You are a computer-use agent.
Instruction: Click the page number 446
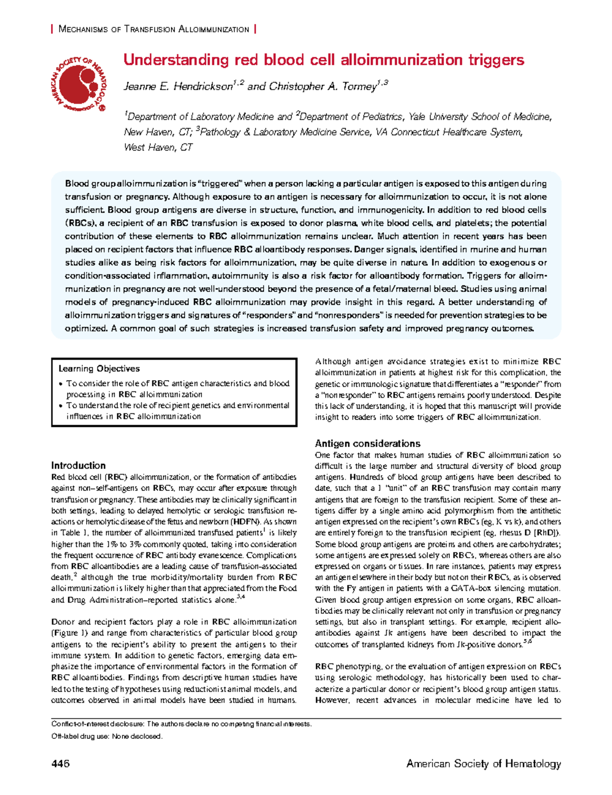coord(60,764)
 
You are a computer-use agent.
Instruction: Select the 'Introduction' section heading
coord(78,465)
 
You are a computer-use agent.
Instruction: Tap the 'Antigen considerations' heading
coord(367,443)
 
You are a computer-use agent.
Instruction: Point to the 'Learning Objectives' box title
coord(99,368)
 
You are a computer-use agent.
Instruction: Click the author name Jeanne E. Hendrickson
coord(178,86)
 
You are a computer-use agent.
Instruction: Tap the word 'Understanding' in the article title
coord(176,60)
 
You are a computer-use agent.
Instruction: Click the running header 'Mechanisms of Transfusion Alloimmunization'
coord(154,30)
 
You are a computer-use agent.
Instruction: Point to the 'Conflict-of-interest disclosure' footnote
coord(181,724)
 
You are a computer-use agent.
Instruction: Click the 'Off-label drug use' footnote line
coord(107,736)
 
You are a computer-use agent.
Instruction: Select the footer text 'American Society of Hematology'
coord(483,764)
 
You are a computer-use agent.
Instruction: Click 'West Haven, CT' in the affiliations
coord(158,147)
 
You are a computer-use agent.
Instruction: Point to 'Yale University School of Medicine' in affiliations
coord(480,117)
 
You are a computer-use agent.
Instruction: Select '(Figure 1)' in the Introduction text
coord(70,633)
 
